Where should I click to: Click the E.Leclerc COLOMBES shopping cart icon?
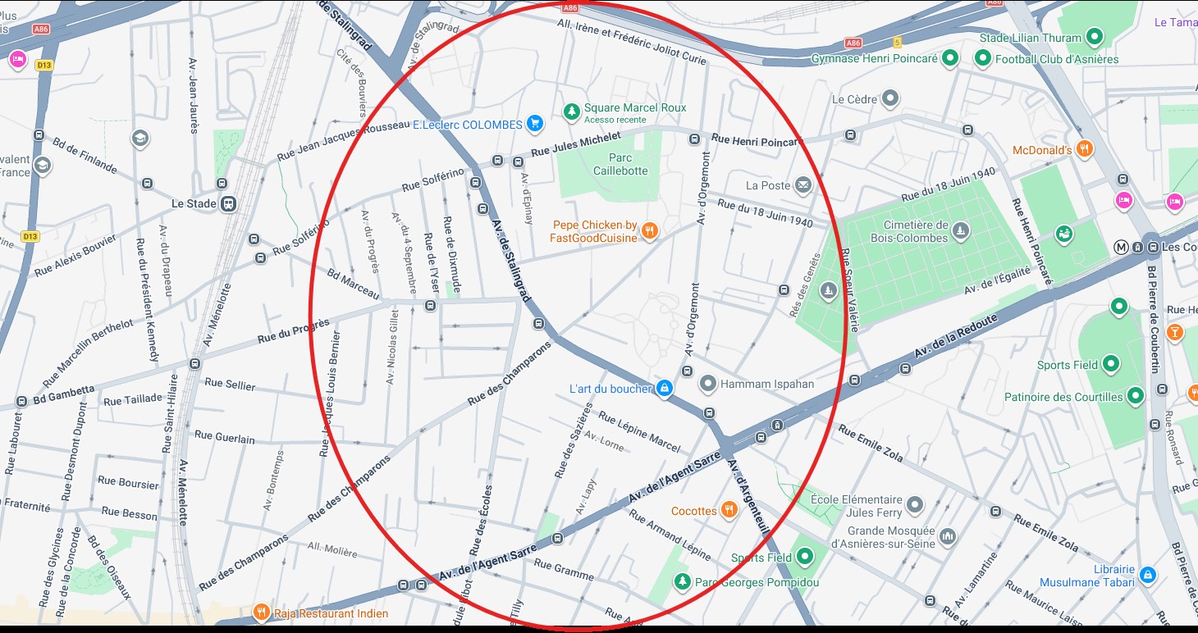click(x=535, y=125)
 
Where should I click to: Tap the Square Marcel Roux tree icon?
click(x=571, y=110)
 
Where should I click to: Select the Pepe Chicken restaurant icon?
click(x=650, y=230)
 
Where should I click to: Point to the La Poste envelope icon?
click(x=802, y=185)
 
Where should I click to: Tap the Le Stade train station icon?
click(x=230, y=203)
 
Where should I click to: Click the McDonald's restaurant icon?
click(x=1085, y=149)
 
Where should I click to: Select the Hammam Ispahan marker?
click(x=707, y=383)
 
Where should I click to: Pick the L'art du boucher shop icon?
click(x=665, y=388)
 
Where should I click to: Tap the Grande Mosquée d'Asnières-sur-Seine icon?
click(x=948, y=536)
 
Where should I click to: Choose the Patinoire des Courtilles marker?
click(x=1136, y=397)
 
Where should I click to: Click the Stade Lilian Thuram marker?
click(x=1093, y=37)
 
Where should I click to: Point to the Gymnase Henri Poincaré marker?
click(x=949, y=58)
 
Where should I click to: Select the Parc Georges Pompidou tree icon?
click(x=681, y=582)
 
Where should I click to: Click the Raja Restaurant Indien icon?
click(x=262, y=612)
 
